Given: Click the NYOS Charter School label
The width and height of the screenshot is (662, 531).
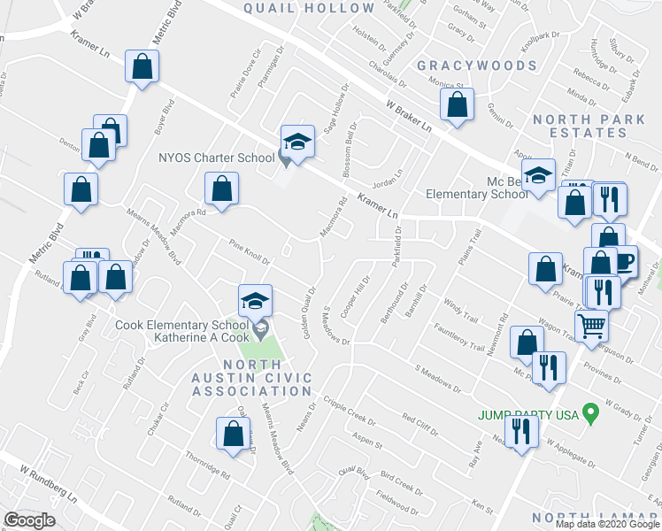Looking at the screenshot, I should tap(216, 158).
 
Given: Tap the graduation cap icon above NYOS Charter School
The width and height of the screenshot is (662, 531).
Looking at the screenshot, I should tap(297, 141).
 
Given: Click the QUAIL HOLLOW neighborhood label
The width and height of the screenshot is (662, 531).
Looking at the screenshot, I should tap(309, 8).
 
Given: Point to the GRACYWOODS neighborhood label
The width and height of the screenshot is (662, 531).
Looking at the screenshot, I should tap(477, 65).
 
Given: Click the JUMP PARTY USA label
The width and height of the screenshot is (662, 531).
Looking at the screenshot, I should tap(528, 414).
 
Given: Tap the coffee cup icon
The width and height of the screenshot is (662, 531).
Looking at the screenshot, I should tap(623, 261).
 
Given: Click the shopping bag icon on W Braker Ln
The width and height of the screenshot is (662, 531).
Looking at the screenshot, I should tap(457, 104).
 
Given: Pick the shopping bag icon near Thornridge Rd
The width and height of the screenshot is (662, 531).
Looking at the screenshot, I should tap(233, 434).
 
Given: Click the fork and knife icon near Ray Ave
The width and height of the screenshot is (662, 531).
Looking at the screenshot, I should tap(521, 430).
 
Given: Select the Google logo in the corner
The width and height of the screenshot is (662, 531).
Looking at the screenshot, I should tap(29, 520).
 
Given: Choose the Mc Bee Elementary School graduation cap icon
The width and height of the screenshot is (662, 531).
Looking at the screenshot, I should tap(537, 174).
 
